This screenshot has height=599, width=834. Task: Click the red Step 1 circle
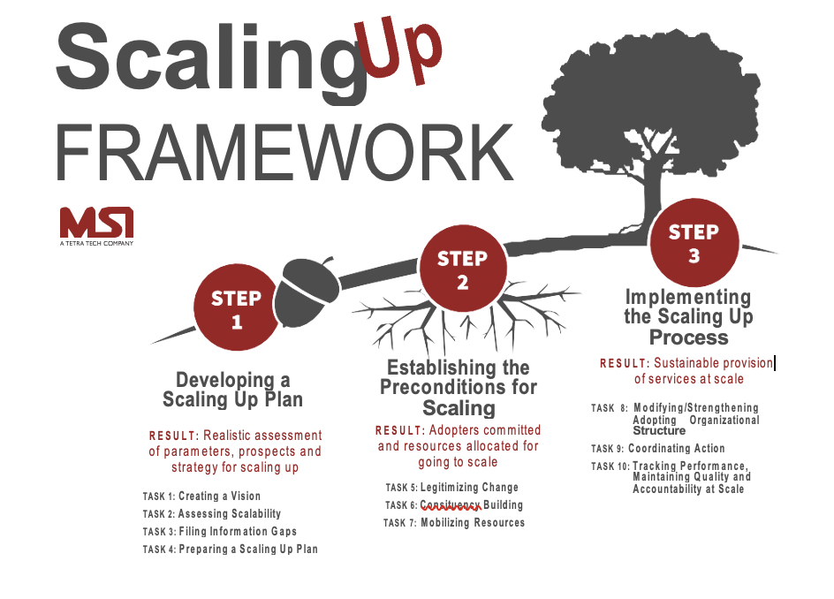[x=236, y=309]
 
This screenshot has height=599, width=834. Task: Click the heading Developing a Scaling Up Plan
[x=232, y=390]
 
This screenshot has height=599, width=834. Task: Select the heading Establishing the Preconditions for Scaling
[x=458, y=387]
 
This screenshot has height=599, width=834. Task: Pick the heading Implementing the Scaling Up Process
[x=688, y=317]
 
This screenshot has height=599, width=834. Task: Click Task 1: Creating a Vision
[x=201, y=497]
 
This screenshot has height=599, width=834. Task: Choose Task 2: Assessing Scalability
[x=212, y=514]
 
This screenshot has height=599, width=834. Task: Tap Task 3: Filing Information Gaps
[x=220, y=532]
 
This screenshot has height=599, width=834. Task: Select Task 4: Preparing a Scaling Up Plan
[x=231, y=550]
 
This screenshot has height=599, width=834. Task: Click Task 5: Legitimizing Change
[x=452, y=488]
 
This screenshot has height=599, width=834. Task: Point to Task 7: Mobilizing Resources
[x=454, y=523]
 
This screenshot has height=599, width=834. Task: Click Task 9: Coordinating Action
[x=658, y=449]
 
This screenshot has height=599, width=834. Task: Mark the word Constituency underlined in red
[x=451, y=505]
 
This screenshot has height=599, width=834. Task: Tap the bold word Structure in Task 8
[x=659, y=431]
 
